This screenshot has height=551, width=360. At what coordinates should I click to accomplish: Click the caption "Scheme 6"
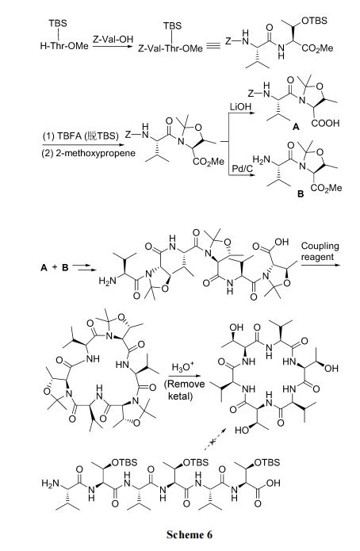[x=190, y=534]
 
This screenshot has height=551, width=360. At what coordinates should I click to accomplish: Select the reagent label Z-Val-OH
[x=113, y=39]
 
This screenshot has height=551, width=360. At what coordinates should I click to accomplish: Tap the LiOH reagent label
[x=240, y=106]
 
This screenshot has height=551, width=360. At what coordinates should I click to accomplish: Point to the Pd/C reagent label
[x=243, y=169]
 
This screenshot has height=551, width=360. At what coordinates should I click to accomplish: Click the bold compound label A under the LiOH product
[x=296, y=127]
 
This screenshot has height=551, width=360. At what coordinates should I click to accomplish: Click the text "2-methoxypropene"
[x=95, y=153]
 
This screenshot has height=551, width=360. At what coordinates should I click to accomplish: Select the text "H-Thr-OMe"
[x=64, y=46]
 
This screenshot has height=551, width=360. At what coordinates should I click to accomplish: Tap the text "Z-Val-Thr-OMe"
[x=170, y=48]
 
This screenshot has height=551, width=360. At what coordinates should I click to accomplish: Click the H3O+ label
[x=183, y=368]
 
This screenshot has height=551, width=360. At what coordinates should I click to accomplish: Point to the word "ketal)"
[x=180, y=396]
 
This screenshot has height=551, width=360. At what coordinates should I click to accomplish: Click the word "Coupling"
[x=320, y=247]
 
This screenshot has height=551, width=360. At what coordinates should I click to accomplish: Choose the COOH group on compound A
[x=325, y=124]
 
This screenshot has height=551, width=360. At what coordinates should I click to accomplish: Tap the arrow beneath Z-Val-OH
[x=113, y=46]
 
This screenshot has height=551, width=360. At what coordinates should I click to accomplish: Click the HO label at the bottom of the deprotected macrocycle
[x=242, y=430]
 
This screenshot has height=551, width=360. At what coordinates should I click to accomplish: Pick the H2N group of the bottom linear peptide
[x=50, y=484]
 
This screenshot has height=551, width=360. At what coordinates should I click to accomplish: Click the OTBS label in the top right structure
[x=314, y=21]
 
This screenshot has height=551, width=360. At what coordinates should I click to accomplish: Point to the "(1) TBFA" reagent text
[x=62, y=136]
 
